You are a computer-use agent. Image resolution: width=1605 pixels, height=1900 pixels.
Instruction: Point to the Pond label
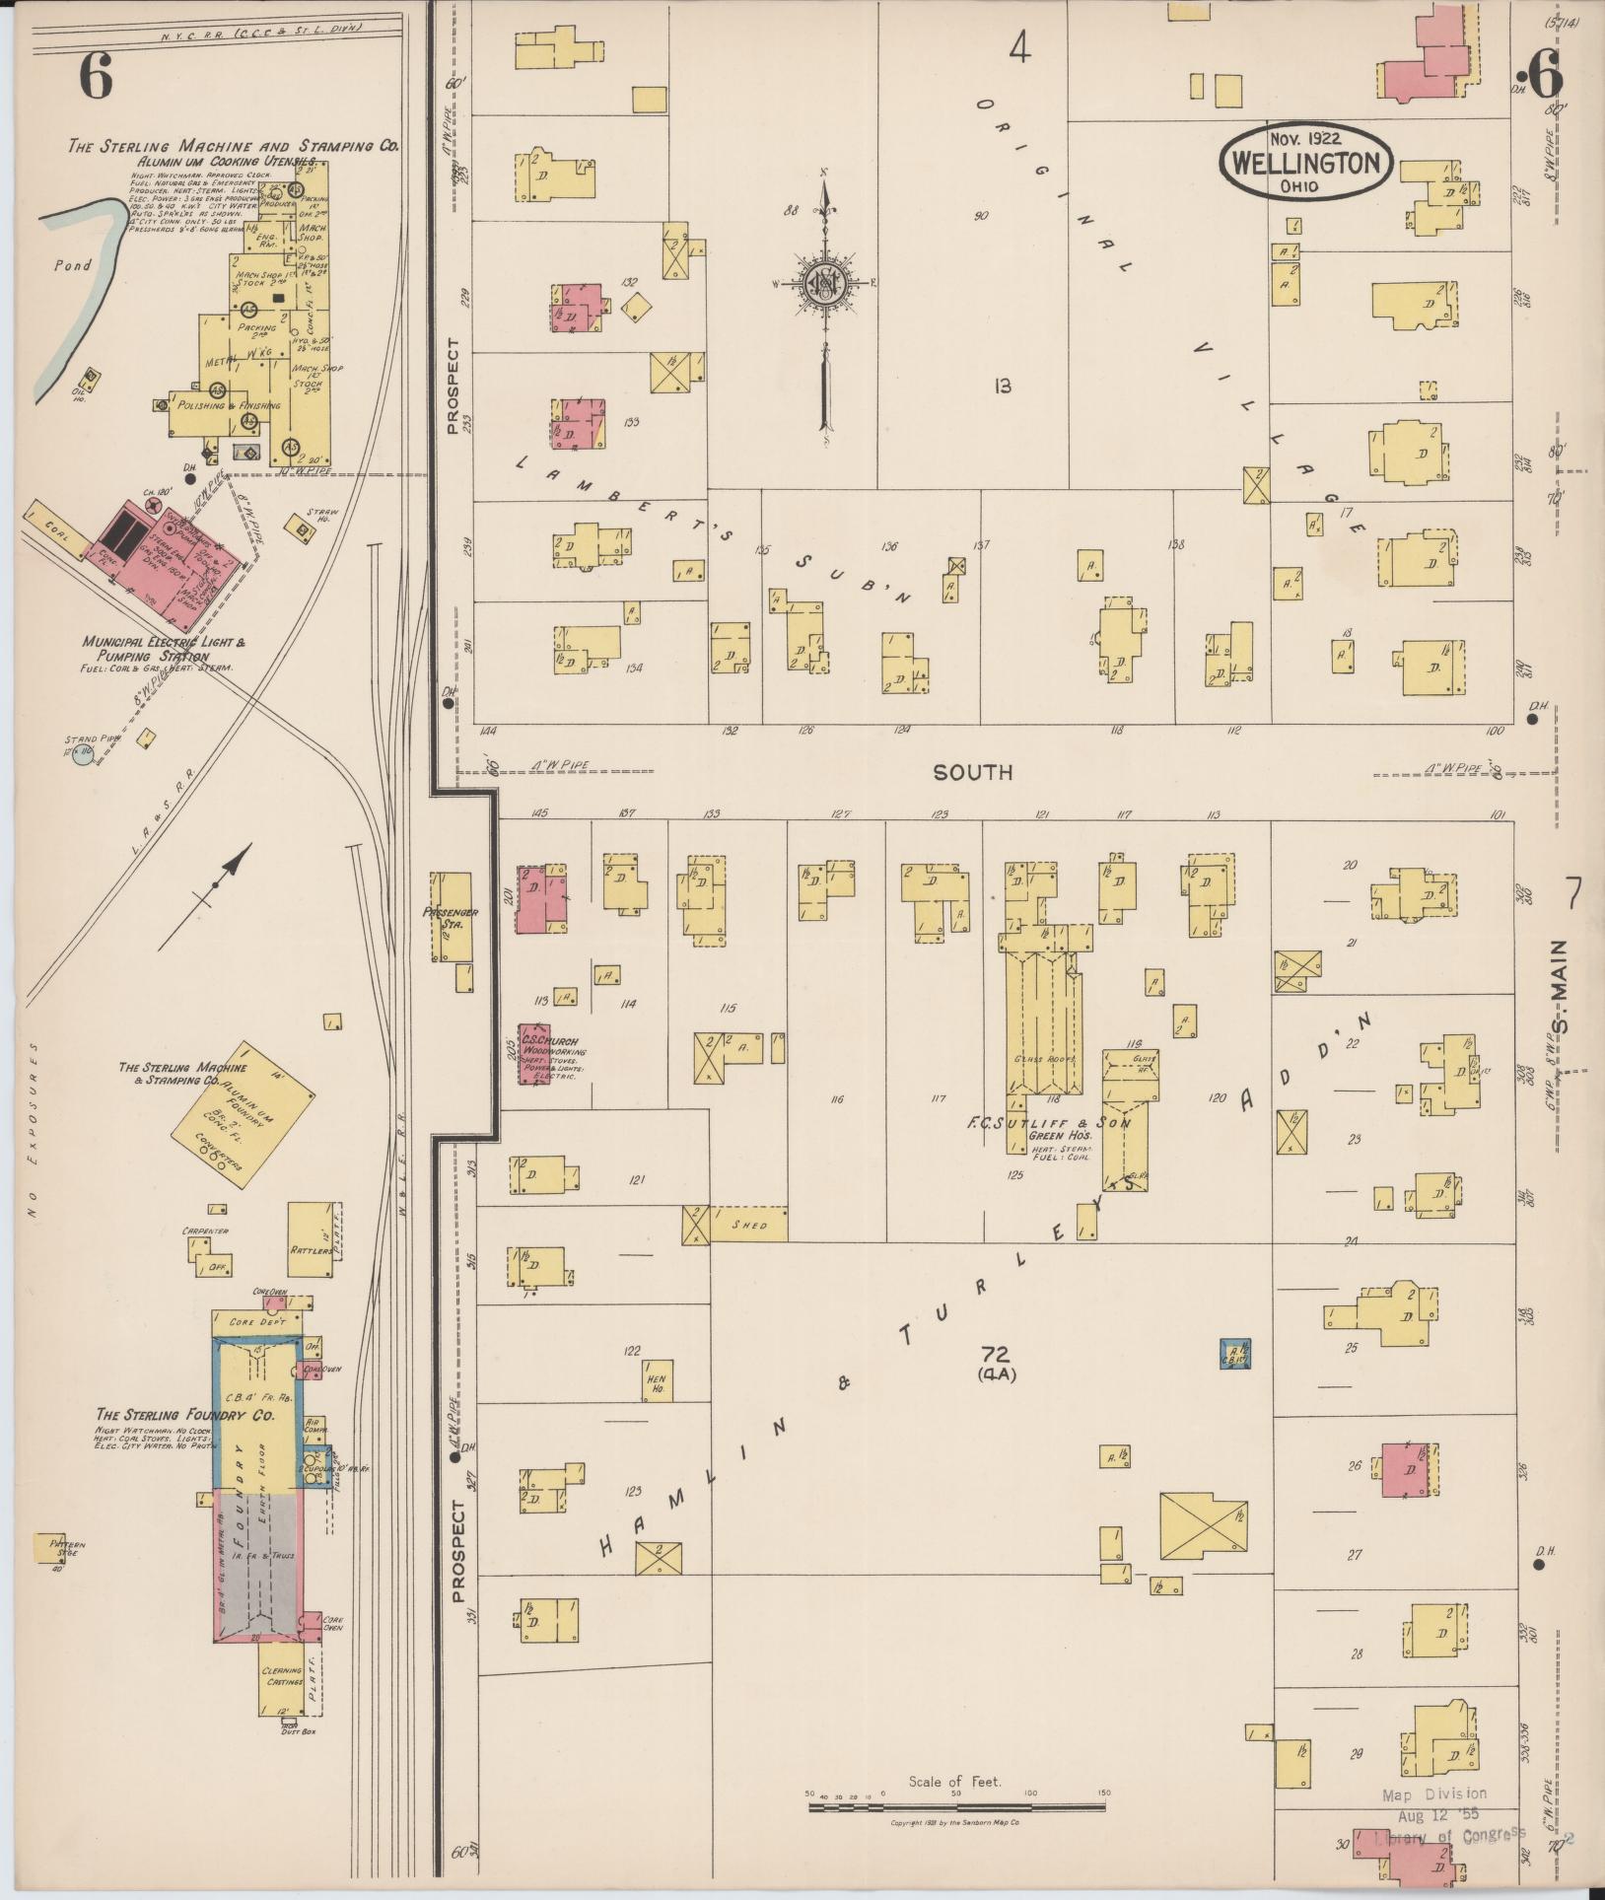[x=73, y=265]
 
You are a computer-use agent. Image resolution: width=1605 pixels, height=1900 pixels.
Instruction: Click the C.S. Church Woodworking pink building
[x=534, y=1060]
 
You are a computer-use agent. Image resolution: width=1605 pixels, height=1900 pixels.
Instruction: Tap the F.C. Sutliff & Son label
[x=1049, y=1122]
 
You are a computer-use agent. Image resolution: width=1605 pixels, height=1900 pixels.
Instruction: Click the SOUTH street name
[x=972, y=772]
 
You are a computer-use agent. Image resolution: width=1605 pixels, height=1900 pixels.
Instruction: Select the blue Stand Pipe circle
[x=83, y=755]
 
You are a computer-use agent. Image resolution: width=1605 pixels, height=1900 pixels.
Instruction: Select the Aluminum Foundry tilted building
[x=243, y=1110]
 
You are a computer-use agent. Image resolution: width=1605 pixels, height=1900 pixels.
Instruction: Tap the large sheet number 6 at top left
[x=96, y=75]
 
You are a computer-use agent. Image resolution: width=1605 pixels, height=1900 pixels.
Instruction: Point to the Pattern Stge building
[x=49, y=1548]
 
